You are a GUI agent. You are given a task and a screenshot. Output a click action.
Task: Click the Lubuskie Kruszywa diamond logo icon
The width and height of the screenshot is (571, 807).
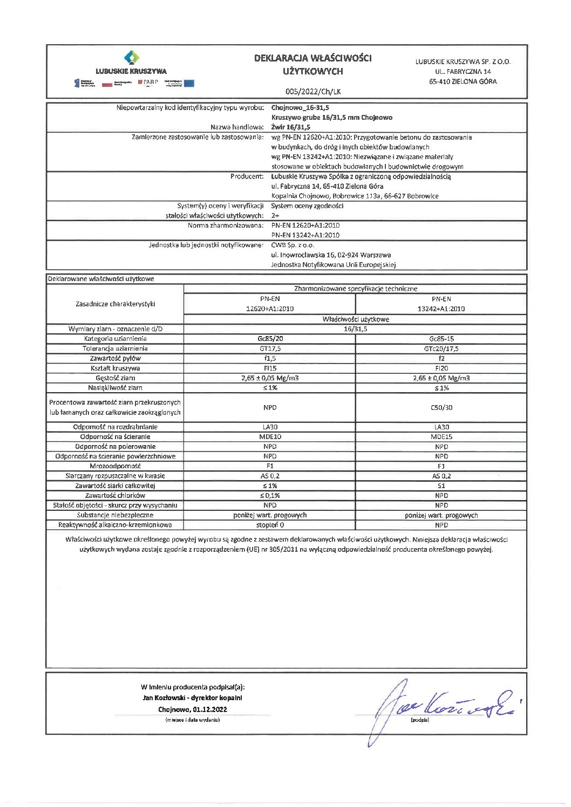point(131,58)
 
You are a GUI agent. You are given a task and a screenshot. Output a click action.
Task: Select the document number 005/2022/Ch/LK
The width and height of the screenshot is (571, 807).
point(313,92)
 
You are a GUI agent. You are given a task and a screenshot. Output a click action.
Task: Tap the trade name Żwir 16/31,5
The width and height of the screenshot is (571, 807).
point(290,127)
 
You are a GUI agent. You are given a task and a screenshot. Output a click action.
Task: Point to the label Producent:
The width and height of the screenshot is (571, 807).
point(247,176)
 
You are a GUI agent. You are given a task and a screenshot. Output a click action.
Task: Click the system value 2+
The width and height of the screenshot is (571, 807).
point(275,216)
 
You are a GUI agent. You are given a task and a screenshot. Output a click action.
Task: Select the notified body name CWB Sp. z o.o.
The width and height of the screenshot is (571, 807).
point(293,245)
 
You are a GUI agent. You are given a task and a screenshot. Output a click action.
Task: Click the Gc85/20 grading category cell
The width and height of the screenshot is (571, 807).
point(270,339)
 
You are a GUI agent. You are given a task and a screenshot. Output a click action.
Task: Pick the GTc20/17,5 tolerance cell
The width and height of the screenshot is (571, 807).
point(441,348)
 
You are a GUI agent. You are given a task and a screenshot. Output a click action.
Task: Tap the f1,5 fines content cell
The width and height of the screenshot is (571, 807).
point(270,358)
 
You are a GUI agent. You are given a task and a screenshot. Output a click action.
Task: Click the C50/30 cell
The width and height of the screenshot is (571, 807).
point(441,408)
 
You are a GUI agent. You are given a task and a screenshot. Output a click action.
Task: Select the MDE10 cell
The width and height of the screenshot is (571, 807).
point(270,437)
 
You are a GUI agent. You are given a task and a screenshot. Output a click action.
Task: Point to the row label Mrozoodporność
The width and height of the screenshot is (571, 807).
point(115,466)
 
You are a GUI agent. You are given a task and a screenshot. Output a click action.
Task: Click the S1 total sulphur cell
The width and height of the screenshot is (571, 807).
point(441,485)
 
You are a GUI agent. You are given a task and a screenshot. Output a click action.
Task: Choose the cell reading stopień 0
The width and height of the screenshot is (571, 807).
point(270,525)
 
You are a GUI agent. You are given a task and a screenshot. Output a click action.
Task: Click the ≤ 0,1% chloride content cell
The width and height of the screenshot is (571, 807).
point(270,495)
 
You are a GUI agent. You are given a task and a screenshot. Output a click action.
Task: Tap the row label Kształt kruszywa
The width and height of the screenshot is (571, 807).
point(115,368)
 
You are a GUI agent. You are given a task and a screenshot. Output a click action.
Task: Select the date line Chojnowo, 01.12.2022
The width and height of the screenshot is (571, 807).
point(192,709)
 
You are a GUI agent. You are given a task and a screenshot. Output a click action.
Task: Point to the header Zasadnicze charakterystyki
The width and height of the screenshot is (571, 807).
point(115,304)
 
